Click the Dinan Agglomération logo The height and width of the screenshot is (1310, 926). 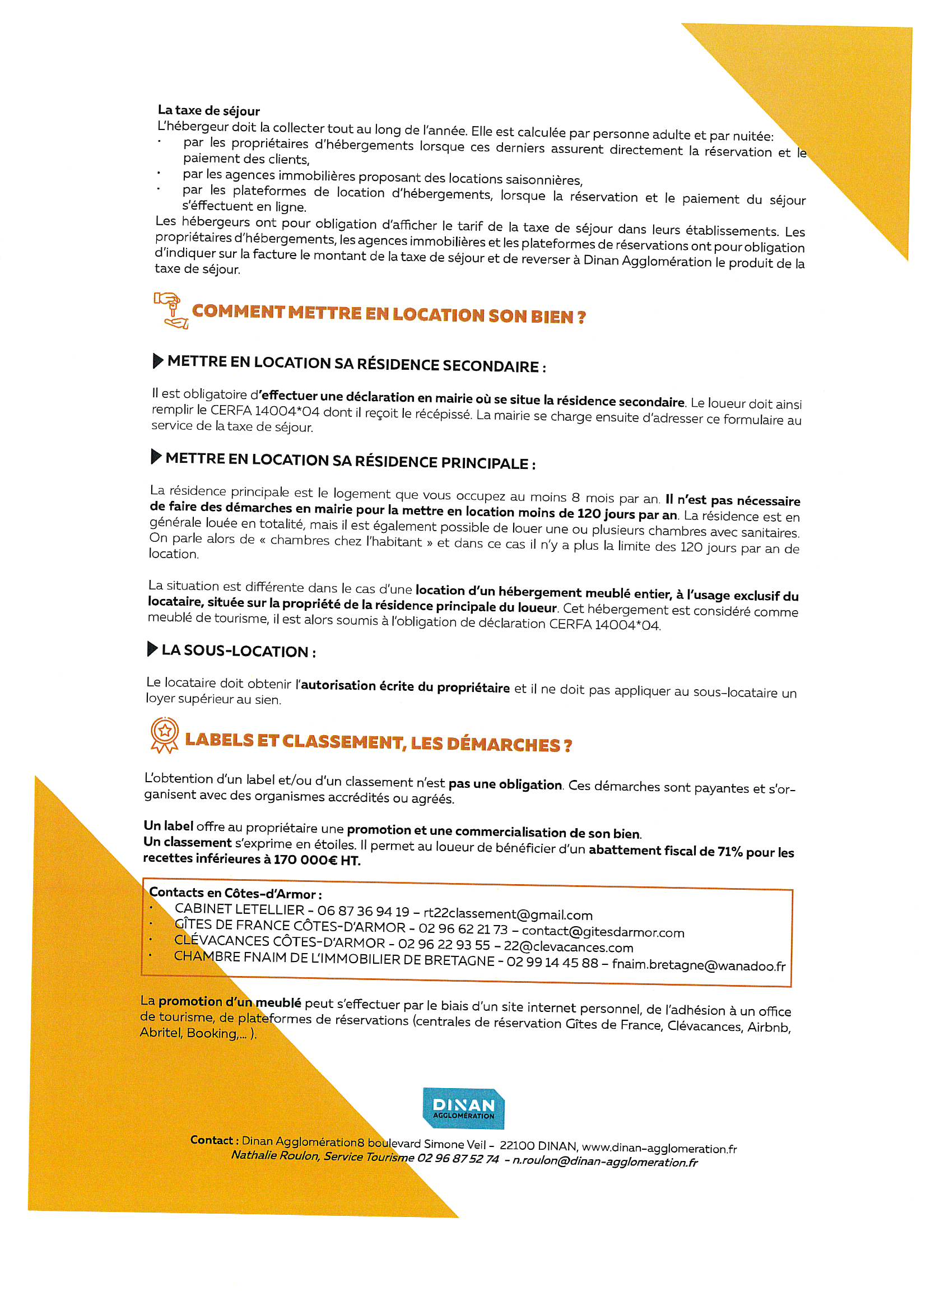tap(463, 1108)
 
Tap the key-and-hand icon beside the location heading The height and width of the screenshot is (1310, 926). tap(171, 310)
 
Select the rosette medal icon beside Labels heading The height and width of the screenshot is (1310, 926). tap(164, 736)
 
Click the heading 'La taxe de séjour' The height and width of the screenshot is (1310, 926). tap(209, 111)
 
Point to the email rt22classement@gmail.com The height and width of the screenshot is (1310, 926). tap(508, 914)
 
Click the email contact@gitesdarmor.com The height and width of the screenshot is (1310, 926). tap(603, 932)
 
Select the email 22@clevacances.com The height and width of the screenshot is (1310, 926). tap(568, 947)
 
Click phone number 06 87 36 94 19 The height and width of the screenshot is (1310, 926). tap(363, 911)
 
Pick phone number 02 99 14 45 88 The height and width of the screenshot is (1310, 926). tap(552, 963)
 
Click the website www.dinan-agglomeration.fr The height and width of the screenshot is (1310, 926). tap(659, 1148)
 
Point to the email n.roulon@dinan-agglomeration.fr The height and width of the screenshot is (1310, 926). tap(605, 1162)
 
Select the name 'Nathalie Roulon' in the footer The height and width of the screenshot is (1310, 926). tap(274, 1155)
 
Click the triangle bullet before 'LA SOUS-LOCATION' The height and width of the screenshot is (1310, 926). tap(152, 649)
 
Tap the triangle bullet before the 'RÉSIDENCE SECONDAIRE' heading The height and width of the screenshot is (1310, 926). tap(158, 361)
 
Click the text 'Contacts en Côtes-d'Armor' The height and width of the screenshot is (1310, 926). tap(235, 893)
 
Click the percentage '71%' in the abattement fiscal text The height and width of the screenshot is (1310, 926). tap(730, 852)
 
